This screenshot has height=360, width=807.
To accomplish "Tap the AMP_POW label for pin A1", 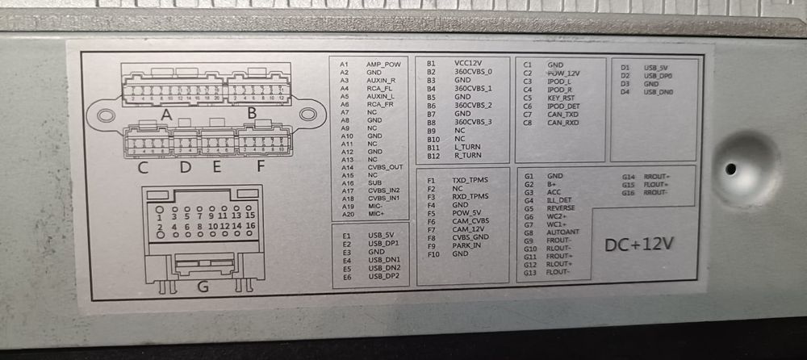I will [x=383, y=65].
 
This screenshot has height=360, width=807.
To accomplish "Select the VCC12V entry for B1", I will [x=469, y=63].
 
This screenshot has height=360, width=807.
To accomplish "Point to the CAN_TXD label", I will [x=563, y=115].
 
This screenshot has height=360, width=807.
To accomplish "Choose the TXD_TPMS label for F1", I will [x=470, y=181].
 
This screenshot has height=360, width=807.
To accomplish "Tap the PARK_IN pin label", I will [x=466, y=245].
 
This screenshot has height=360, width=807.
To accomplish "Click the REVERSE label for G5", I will [x=561, y=208].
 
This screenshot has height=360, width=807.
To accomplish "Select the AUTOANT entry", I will [x=563, y=232].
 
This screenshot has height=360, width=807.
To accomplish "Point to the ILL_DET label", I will [x=559, y=200].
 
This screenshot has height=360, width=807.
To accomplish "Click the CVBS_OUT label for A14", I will [x=385, y=167].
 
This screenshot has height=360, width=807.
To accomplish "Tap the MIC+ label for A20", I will [x=377, y=214].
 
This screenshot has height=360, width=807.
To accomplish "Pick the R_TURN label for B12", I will [x=467, y=154].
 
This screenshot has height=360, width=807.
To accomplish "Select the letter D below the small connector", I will [x=185, y=168].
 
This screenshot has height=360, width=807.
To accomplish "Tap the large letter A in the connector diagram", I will [x=166, y=115].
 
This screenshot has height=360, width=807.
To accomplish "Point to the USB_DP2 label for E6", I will [x=383, y=276].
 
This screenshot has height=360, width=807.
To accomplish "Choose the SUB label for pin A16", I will [x=374, y=182].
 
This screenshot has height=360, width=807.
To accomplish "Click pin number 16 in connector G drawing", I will [x=250, y=228].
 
